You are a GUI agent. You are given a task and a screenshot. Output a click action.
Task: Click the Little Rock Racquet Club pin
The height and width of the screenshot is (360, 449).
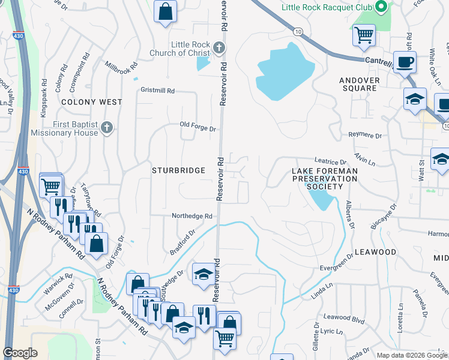[381, 7]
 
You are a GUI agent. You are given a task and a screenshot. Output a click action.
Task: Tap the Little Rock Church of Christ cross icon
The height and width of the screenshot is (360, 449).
[220, 47]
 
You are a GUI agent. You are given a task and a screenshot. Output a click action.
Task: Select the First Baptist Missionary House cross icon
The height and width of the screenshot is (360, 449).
[107, 127]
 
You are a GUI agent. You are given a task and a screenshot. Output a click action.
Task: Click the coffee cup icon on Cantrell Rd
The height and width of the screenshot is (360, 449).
[405, 62]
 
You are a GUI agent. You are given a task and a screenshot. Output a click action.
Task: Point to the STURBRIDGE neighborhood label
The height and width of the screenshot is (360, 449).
[179, 171]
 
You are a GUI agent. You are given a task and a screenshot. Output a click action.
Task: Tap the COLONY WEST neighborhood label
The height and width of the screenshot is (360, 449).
[92, 103]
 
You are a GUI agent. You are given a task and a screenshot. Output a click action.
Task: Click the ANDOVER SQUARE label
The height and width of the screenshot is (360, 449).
[359, 84]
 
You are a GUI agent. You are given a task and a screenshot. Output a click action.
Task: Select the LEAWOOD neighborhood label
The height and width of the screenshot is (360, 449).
[375, 252]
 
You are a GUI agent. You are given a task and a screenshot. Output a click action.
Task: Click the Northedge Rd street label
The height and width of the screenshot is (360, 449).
[192, 216]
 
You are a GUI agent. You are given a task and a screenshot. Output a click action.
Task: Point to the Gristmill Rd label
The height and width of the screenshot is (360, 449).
[157, 91]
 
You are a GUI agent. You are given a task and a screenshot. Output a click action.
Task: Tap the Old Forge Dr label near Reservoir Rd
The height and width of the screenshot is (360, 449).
[197, 125]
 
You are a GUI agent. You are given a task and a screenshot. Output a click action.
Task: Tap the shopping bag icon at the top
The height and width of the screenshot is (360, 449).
[164, 11]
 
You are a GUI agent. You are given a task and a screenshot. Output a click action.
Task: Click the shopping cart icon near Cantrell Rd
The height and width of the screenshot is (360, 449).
[364, 35]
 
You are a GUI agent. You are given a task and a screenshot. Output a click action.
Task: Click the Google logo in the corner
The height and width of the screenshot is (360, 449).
[20, 353]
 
